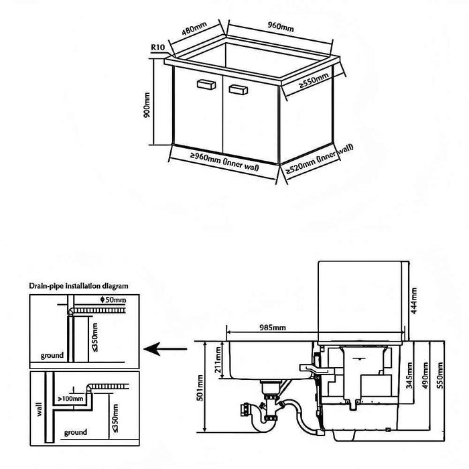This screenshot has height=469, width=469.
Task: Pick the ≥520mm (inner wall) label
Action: pyautogui.click(x=320, y=160)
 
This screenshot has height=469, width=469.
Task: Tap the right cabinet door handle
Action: pyautogui.click(x=239, y=88)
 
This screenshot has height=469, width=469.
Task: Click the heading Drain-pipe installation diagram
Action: pyautogui.click(x=79, y=286)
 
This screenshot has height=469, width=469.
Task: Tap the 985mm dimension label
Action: pyautogui.click(x=273, y=328)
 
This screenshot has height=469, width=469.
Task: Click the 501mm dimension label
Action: pyautogui.click(x=200, y=385)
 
